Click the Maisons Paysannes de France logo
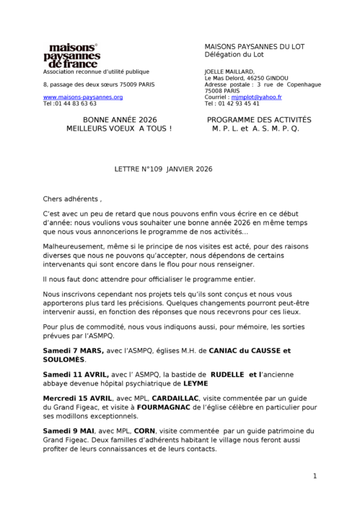click(72, 54)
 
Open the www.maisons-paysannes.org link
click(83, 97)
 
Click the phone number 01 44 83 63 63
click(74, 103)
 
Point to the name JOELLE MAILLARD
click(230, 71)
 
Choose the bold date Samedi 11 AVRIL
click(76, 375)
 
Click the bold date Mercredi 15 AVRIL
click(79, 398)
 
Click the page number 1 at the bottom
click(315, 476)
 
